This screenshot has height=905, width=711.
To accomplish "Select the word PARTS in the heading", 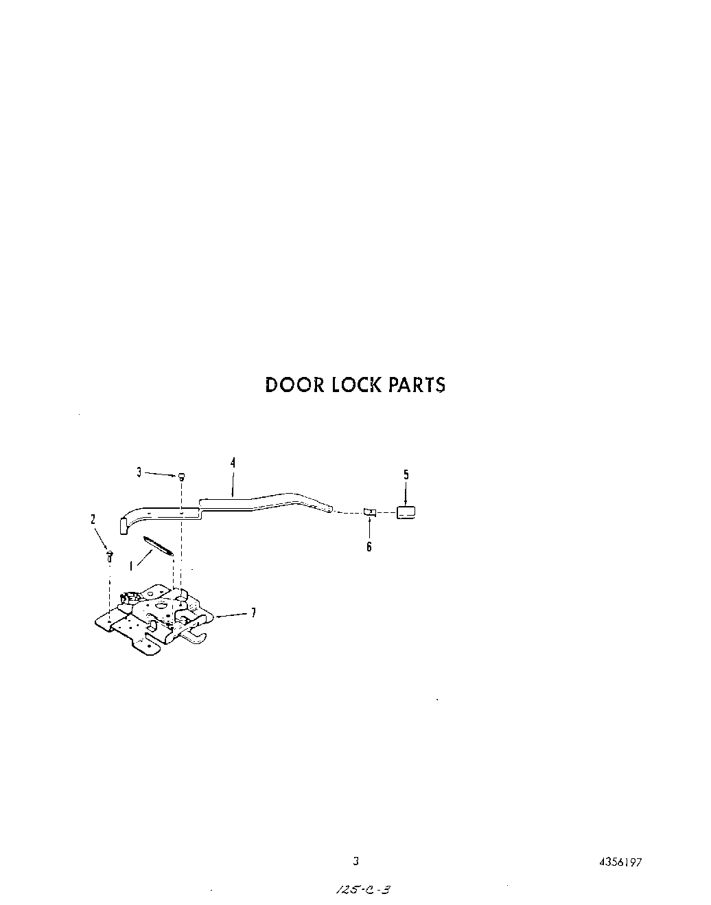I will coord(417,385).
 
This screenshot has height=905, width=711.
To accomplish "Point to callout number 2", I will coord(93,520).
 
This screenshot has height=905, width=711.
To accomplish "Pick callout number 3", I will coord(139,472).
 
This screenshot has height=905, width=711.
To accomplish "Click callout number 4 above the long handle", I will coord(233,463).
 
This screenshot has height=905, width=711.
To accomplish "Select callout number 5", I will coord(406,474).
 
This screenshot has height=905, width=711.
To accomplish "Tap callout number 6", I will coord(369,547).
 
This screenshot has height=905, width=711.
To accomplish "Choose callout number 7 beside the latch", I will coord(253,613).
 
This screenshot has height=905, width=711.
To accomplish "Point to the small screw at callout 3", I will coord(181,477).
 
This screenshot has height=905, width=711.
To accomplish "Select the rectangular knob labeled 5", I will coord(406,512).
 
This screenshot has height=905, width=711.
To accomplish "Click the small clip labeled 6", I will coord(370,512).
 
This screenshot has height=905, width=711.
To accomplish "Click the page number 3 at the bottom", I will coord(355,861).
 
